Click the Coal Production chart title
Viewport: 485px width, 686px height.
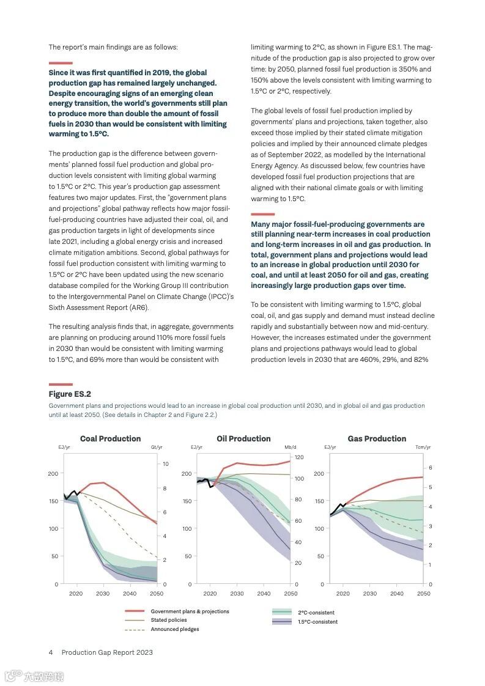[110, 438]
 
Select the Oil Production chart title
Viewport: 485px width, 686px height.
[243, 438]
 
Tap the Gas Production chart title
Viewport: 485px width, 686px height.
[377, 438]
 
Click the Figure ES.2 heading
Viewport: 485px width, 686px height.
[70, 394]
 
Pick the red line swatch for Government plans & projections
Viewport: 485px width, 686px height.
[135, 611]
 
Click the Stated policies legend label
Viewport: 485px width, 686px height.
[169, 620]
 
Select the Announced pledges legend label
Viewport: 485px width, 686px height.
[175, 629]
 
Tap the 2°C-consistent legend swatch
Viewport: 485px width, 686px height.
[282, 612]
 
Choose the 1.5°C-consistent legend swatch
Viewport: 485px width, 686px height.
[282, 622]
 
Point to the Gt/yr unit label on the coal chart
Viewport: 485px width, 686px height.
[156, 448]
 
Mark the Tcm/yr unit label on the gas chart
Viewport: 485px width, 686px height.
[423, 448]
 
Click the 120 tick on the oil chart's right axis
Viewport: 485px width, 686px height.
[298, 457]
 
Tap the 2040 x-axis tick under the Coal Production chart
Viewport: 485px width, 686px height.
[130, 594]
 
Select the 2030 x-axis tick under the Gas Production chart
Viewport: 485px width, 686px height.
[370, 594]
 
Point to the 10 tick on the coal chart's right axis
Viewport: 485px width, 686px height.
[166, 464]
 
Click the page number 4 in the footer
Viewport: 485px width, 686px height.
[51, 652]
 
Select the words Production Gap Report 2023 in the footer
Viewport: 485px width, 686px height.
[107, 652]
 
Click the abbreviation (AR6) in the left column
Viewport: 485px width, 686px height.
[139, 308]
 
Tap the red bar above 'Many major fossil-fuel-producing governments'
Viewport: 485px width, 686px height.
[263, 214]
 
